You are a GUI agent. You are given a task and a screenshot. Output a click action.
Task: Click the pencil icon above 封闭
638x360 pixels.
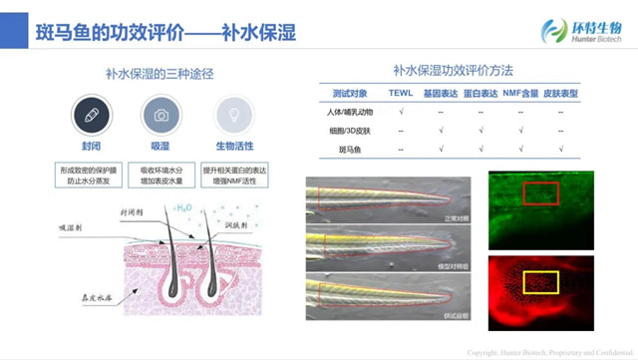pos(90,116)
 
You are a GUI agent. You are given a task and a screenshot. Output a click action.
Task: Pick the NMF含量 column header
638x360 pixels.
pos(521,93)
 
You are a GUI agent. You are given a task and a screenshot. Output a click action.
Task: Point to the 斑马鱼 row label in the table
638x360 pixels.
pos(342,150)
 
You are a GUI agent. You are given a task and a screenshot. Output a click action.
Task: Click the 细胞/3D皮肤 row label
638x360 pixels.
pos(342,131)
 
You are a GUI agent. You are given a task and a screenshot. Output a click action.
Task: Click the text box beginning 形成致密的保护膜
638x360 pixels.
pos(90,175)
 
